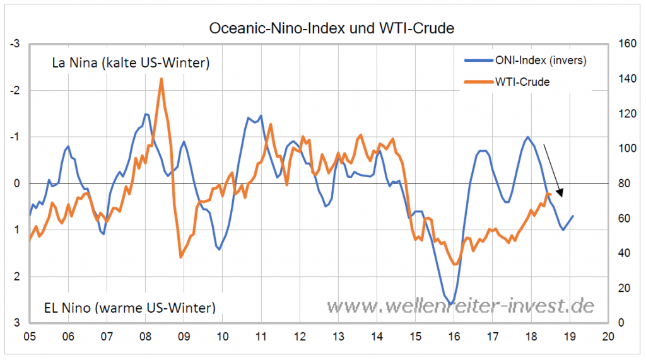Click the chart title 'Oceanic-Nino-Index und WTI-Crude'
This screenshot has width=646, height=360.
pyautogui.click(x=331, y=28)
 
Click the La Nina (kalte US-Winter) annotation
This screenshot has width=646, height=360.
pyautogui.click(x=131, y=64)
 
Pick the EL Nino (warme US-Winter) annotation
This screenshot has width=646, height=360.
pyautogui.click(x=129, y=308)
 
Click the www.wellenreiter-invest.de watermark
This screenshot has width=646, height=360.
pyautogui.click(x=460, y=306)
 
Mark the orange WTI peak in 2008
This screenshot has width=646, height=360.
pyautogui.click(x=161, y=79)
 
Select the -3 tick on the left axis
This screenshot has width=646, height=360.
pyautogui.click(x=16, y=44)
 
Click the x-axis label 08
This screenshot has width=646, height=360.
pyautogui.click(x=145, y=335)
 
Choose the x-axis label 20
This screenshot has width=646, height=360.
pyautogui.click(x=609, y=335)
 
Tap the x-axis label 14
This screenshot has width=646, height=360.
pyautogui.click(x=377, y=335)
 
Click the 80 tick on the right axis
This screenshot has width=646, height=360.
pyautogui.click(x=623, y=183)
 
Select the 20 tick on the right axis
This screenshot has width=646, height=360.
pyautogui.click(x=623, y=288)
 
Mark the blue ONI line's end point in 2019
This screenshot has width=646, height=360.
pyautogui.click(x=573, y=216)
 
